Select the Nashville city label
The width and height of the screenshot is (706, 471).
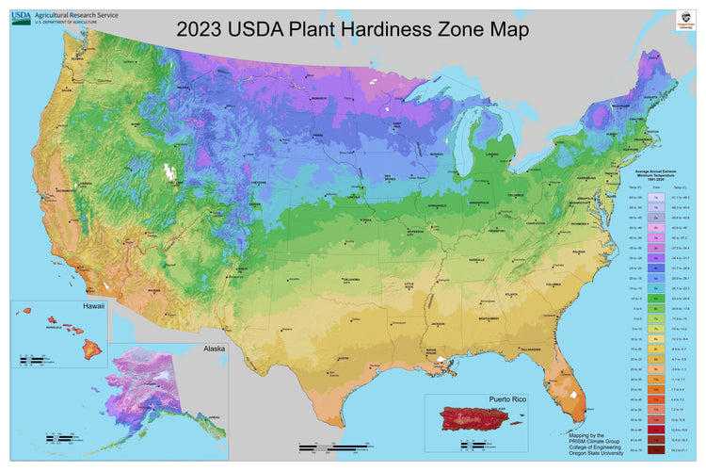476,262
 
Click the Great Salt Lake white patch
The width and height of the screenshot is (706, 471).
170,173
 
